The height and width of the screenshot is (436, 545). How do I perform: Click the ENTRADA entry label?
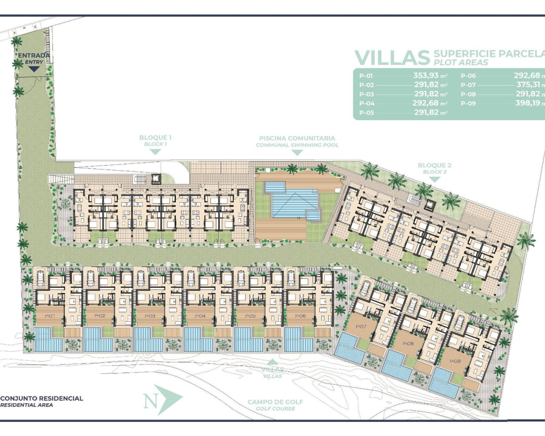tap(34, 56)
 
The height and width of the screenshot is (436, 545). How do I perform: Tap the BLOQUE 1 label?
tap(155, 138)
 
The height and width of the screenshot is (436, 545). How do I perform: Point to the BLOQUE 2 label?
tap(434, 165)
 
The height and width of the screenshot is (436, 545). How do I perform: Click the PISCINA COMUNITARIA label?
tap(297, 138)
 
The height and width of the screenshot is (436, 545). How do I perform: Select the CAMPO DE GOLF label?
tap(275, 402)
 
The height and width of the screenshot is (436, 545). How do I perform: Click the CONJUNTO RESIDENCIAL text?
tap(42, 399)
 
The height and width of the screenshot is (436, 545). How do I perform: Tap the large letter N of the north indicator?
tap(149, 401)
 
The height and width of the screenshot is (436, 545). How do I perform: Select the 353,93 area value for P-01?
tap(425, 75)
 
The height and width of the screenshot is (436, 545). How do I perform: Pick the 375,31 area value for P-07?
tap(528, 85)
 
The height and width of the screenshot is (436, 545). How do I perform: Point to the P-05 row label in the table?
tap(367, 113)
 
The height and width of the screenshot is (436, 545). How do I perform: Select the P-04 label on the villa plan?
tap(200, 316)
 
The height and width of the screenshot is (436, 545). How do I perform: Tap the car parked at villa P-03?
tap(141, 278)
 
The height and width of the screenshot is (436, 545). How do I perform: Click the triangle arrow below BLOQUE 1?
tap(155, 152)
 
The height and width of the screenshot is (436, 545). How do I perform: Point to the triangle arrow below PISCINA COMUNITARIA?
tap(297, 152)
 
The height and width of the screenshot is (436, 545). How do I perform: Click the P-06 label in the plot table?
tap(468, 76)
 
